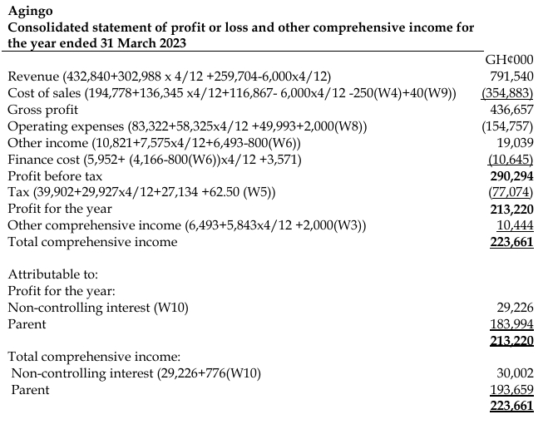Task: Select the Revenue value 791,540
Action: pyautogui.click(x=511, y=76)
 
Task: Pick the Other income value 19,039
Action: pyautogui.click(x=516, y=142)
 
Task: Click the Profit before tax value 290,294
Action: pyautogui.click(x=511, y=175)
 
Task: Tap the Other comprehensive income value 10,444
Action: pyautogui.click(x=515, y=225)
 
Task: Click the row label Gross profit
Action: pyautogui.click(x=42, y=110)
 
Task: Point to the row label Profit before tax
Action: pyautogui.click(x=54, y=176)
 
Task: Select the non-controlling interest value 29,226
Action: pyautogui.click(x=516, y=307)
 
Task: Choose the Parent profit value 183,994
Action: pyautogui.click(x=511, y=323)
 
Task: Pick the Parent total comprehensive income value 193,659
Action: pyautogui.click(x=511, y=389)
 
